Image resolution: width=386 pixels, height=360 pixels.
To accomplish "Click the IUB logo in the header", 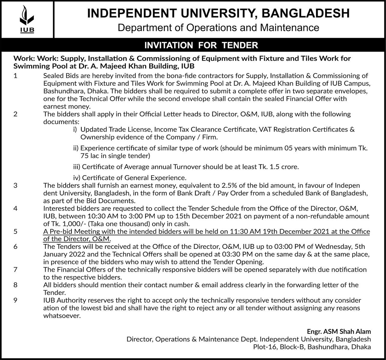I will point(27,19).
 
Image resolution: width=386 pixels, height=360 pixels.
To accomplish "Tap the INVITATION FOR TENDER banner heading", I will point(201,45).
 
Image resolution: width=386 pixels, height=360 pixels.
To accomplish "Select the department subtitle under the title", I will point(218,28).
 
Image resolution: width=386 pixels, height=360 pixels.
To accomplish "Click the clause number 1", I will point(15,76).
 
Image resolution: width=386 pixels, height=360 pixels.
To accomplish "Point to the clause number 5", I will point(15,232).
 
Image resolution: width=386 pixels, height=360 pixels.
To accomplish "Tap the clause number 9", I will point(15,300).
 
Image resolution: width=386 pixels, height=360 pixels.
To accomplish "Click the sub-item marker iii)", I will point(77,167).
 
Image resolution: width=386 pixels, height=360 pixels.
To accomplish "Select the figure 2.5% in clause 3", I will point(231,185).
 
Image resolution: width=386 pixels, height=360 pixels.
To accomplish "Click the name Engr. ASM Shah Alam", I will point(339,331).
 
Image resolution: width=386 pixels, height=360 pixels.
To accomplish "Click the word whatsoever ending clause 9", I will point(62,316).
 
